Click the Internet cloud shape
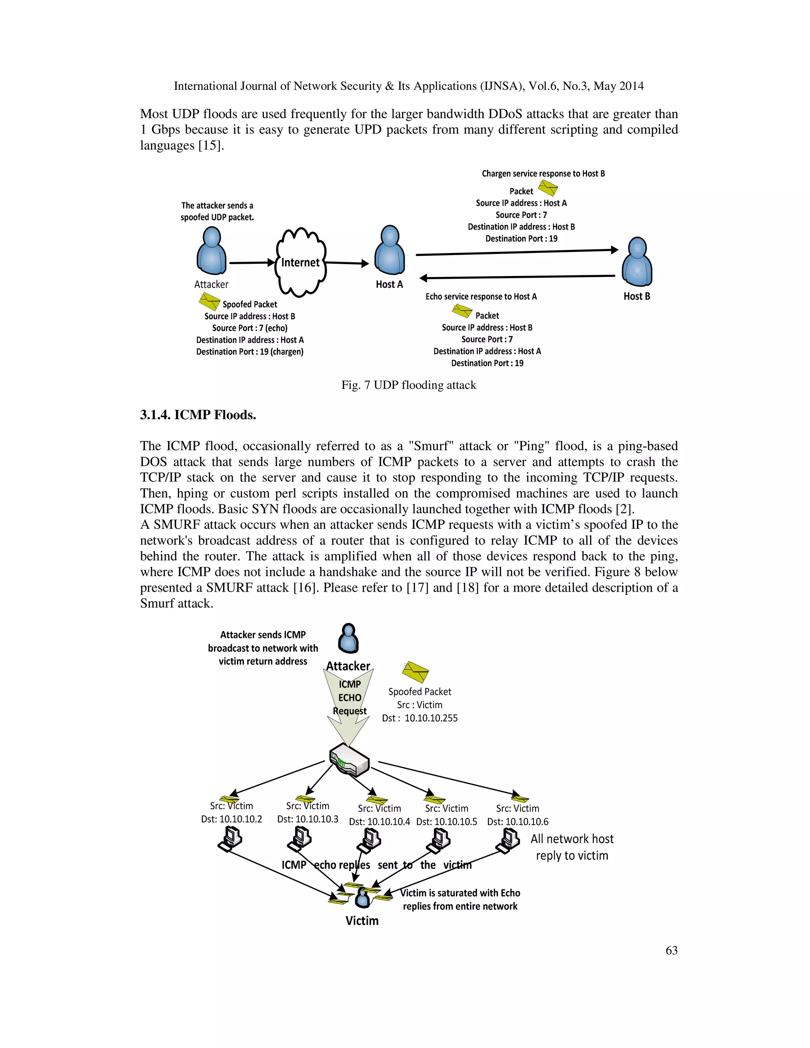pyautogui.click(x=301, y=262)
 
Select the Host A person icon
pyautogui.click(x=389, y=250)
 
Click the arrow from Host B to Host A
pyautogui.click(x=517, y=277)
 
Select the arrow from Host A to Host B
pyautogui.click(x=517, y=252)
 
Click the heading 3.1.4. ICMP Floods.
pyautogui.click(x=198, y=414)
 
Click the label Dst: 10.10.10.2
pyautogui.click(x=231, y=819)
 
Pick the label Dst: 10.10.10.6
pyautogui.click(x=517, y=821)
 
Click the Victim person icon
pyautogui.click(x=362, y=898)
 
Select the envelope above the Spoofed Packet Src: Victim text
pyautogui.click(x=415, y=672)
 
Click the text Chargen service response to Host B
pyautogui.click(x=543, y=174)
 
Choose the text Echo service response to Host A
pyautogui.click(x=481, y=297)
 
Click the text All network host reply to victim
pyautogui.click(x=572, y=847)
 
